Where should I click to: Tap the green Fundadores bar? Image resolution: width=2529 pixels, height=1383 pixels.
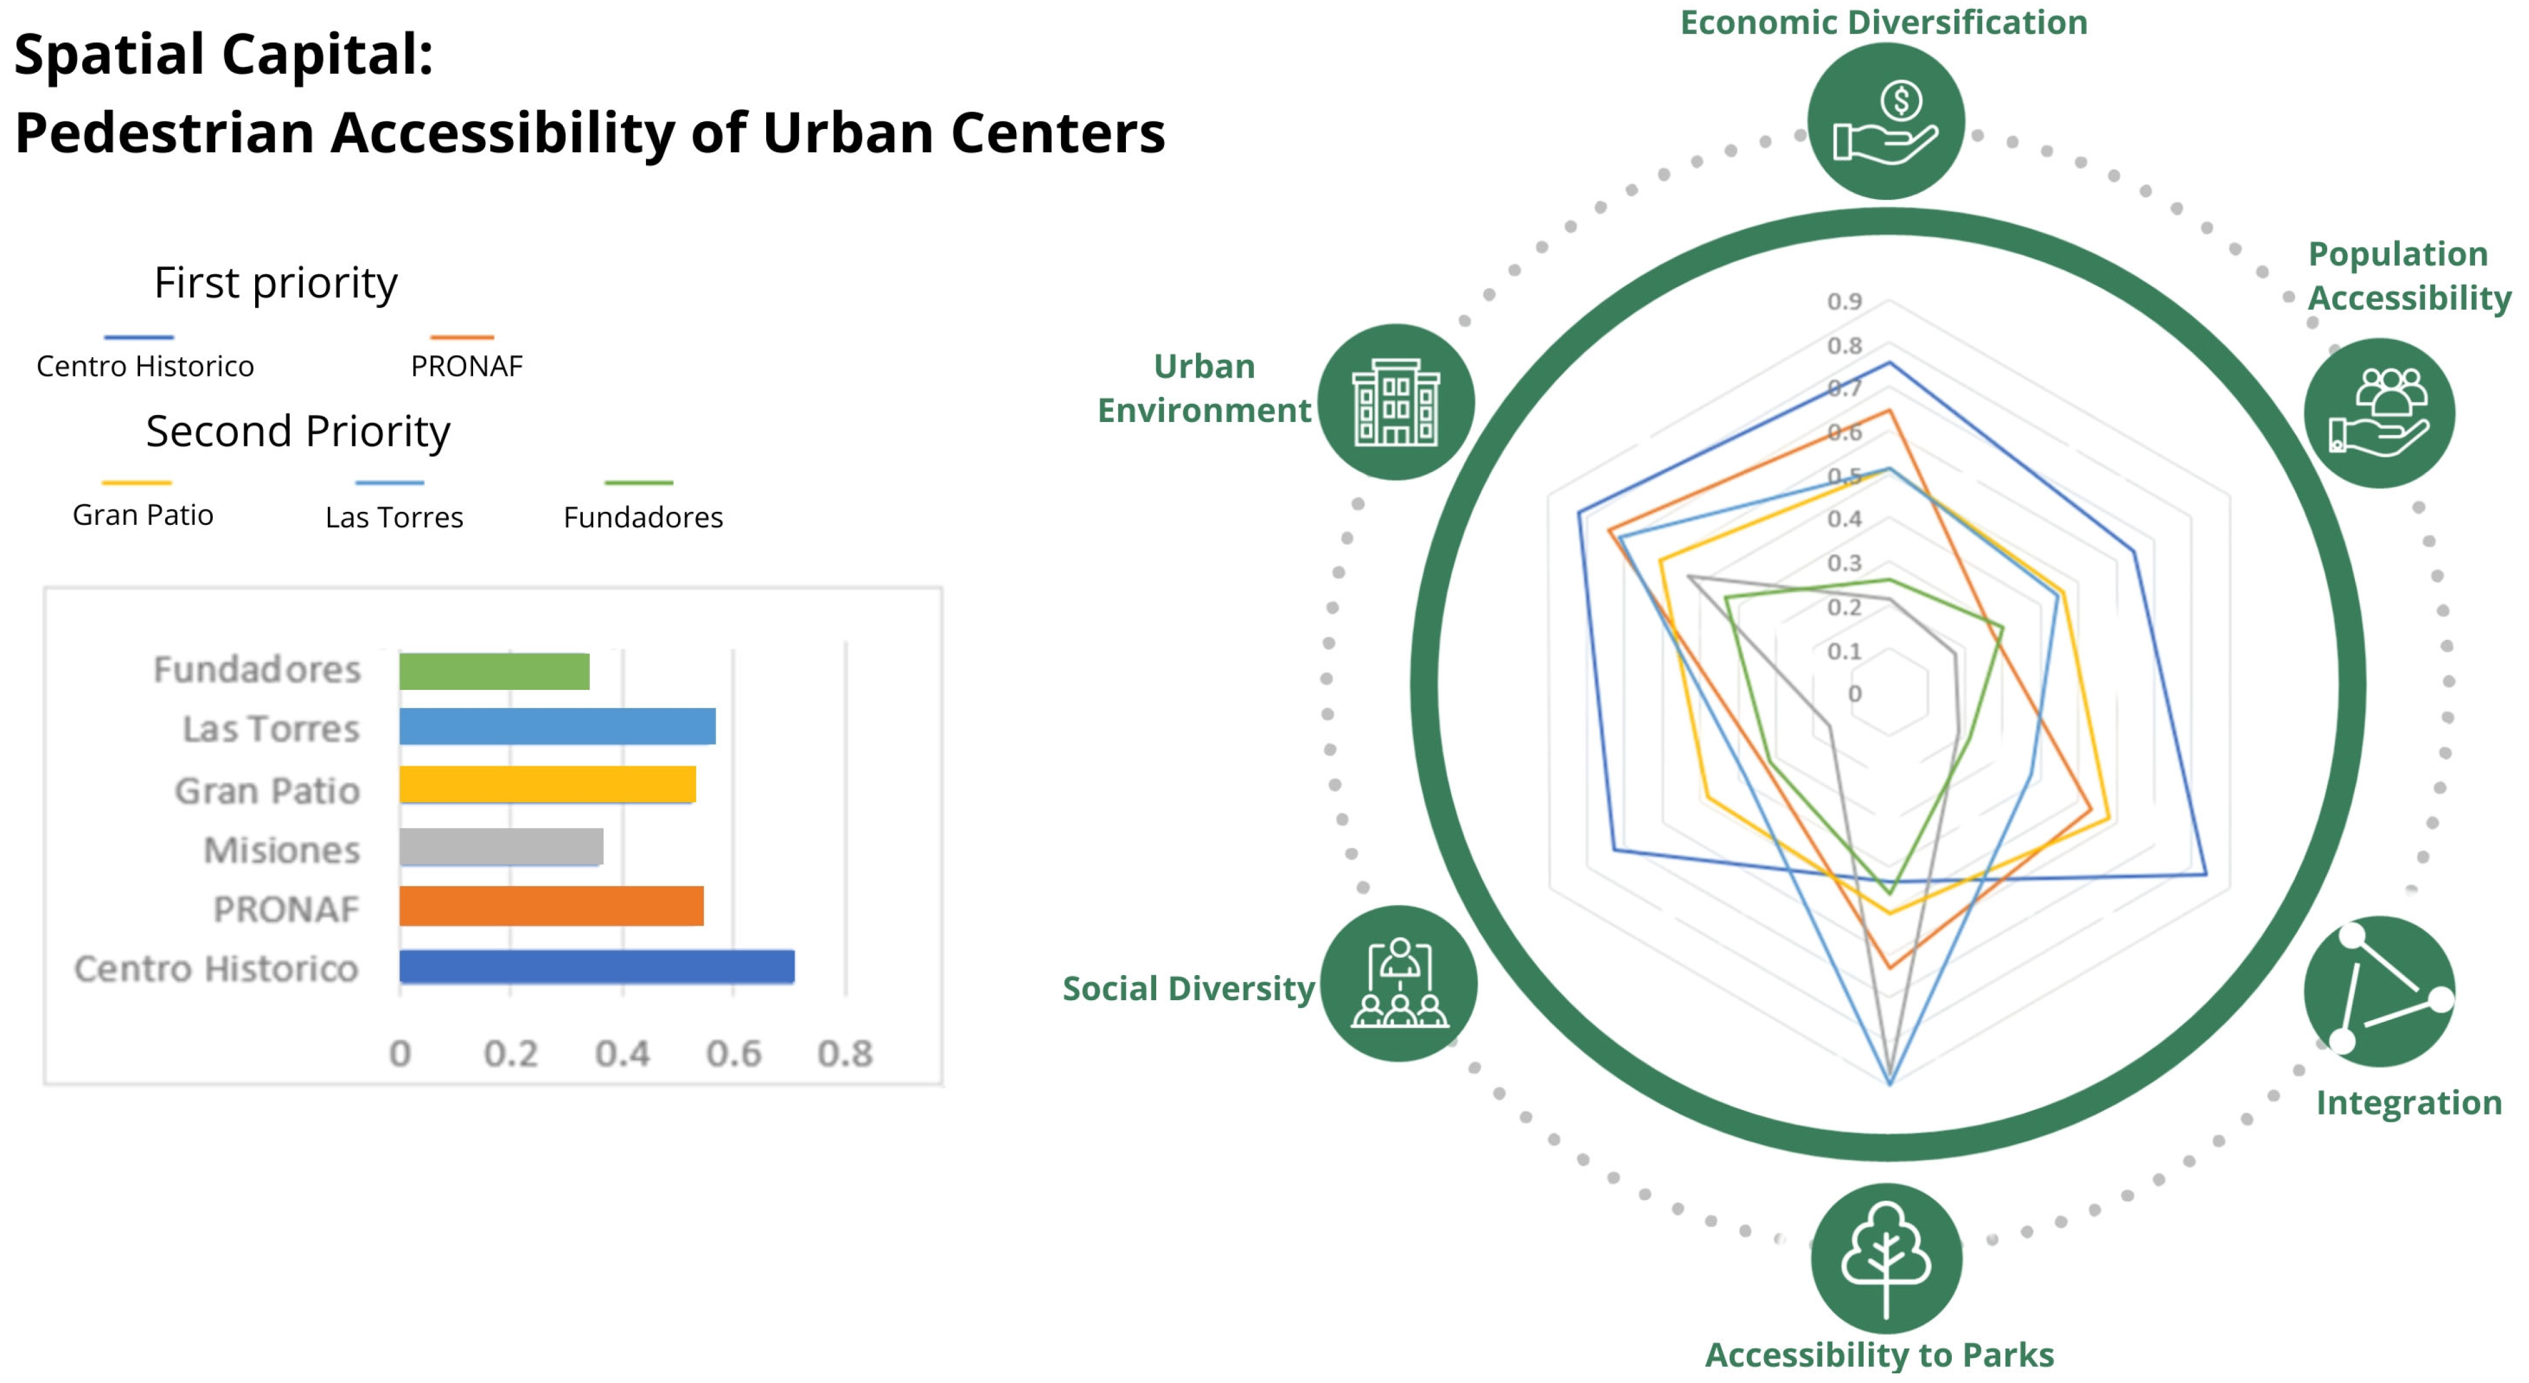[494, 671]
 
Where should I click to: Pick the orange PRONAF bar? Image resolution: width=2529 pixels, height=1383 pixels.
[551, 906]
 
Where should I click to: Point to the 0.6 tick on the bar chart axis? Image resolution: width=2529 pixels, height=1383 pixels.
[733, 1053]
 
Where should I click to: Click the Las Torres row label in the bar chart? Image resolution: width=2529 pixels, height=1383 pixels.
[271, 729]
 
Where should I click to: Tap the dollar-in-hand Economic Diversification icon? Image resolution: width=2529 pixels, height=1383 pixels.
[1886, 121]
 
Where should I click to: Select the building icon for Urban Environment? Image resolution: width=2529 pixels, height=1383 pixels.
[1395, 402]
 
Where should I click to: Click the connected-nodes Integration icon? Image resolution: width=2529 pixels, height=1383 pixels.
[2379, 991]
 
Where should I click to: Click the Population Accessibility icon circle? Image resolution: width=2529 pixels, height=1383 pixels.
[2379, 412]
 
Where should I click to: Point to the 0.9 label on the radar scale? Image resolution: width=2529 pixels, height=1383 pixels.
[1844, 301]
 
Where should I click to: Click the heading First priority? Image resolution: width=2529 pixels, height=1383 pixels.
[276, 283]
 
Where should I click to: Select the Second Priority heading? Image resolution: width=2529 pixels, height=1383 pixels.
[298, 431]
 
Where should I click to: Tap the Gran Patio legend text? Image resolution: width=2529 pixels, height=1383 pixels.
[143, 515]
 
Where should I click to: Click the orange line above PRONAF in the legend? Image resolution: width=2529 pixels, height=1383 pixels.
[461, 337]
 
